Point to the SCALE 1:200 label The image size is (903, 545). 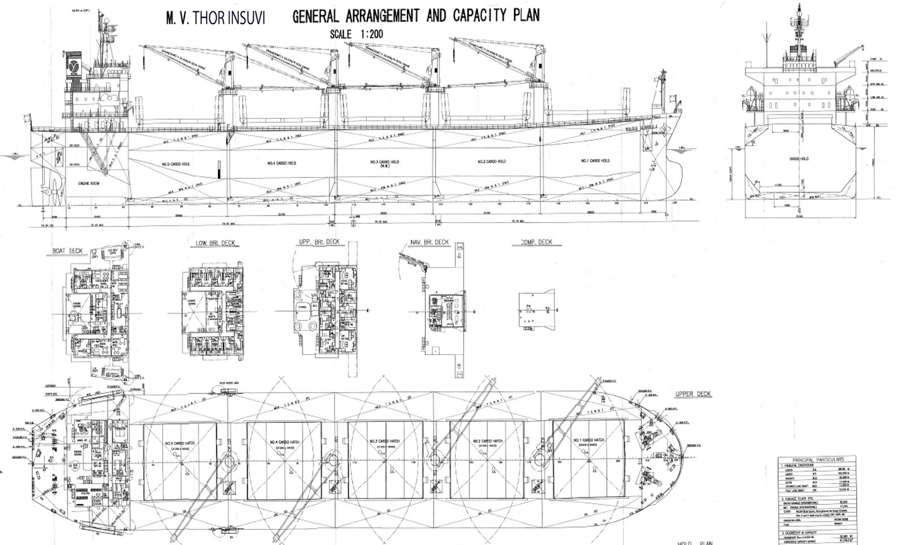click(x=356, y=34)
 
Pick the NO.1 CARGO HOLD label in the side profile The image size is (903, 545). click(x=595, y=161)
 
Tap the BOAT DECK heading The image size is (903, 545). click(x=67, y=251)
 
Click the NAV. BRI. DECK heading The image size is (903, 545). click(x=429, y=242)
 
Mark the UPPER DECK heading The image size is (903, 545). click(x=693, y=394)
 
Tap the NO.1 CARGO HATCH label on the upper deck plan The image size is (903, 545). click(x=588, y=441)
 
